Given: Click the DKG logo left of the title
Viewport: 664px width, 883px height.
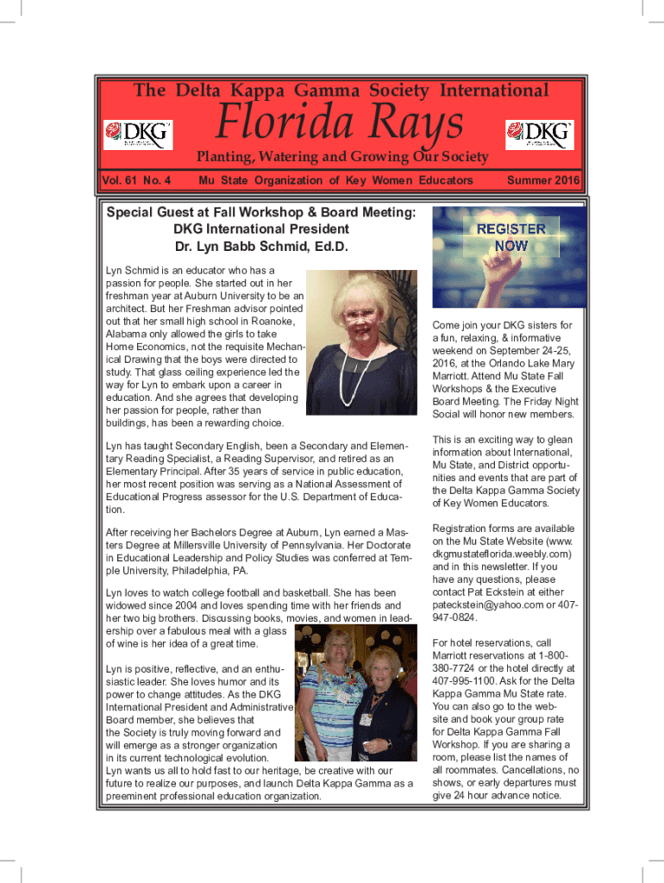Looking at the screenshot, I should pos(138,134).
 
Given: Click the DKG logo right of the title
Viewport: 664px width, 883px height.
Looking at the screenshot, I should pos(539,134).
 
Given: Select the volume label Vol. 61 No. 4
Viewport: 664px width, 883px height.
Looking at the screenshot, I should pos(136,180).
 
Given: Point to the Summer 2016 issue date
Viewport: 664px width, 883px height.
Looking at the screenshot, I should pos(543,180).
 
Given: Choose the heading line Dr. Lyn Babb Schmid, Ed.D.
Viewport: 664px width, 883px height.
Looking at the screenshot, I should pos(261,247).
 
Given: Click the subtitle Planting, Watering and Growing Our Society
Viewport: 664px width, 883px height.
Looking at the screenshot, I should pos(342,157).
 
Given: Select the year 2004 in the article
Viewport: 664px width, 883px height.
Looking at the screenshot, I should pos(186,605).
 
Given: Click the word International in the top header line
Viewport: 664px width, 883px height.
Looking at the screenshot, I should pos(494,91).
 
